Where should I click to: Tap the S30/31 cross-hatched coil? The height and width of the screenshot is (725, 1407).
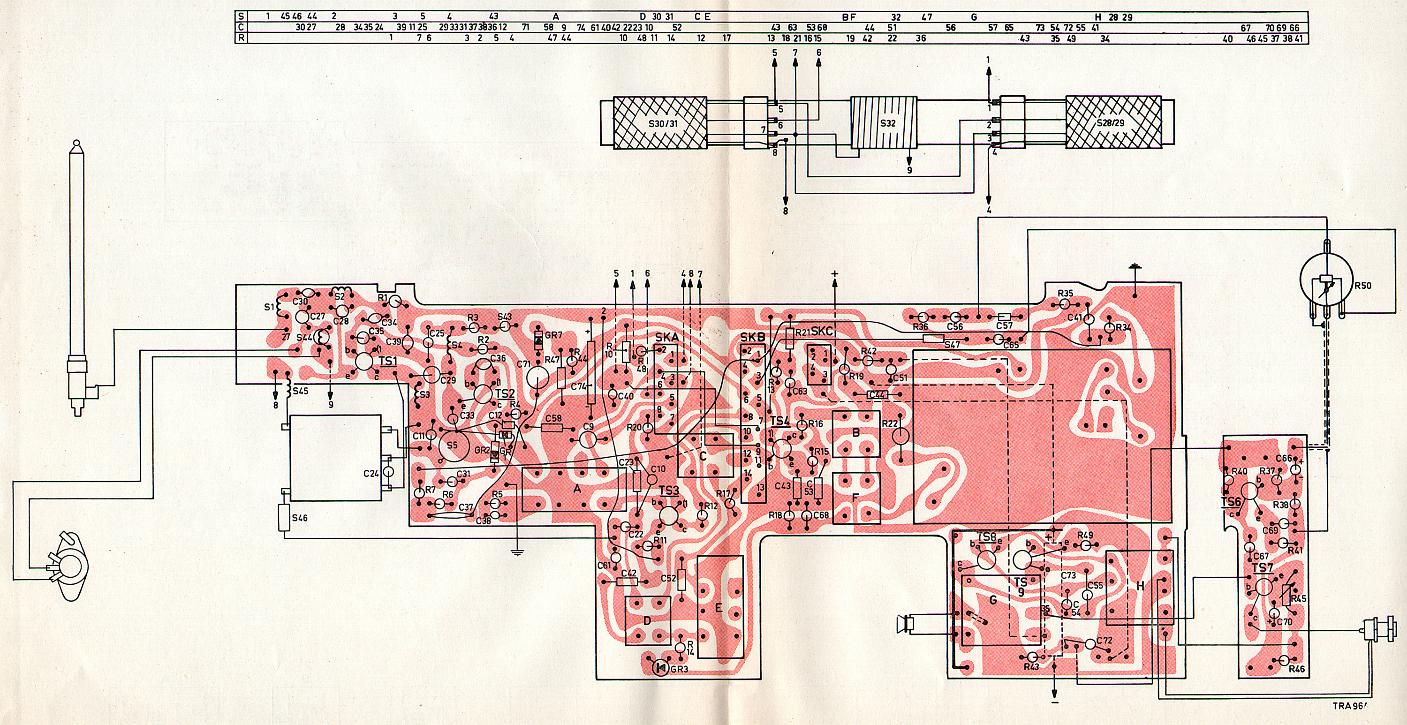tap(660, 123)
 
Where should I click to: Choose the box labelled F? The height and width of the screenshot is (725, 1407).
tap(856, 496)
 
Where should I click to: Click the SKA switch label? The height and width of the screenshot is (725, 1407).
tap(660, 338)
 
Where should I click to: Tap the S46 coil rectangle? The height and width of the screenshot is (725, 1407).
tap(285, 517)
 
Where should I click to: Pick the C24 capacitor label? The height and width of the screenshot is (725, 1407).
tap(372, 473)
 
